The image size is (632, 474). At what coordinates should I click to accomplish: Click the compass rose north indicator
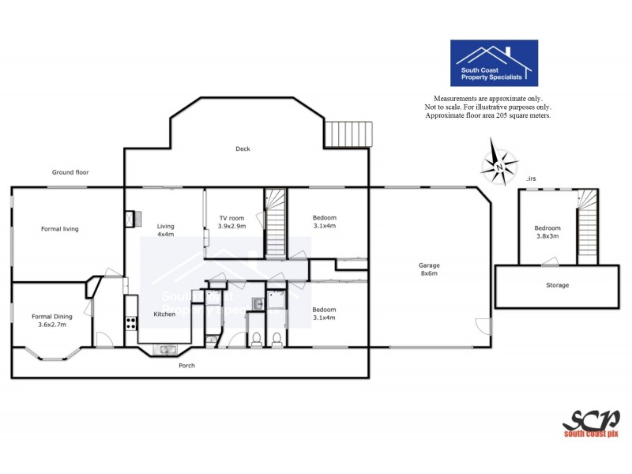pyautogui.click(x=498, y=164)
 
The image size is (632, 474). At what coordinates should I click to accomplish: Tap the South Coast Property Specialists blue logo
pyautogui.click(x=494, y=63)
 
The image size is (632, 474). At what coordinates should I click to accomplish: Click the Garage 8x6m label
pyautogui.click(x=429, y=270)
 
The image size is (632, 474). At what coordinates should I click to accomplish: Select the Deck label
pyautogui.click(x=243, y=149)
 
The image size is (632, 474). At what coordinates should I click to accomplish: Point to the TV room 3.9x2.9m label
pyautogui.click(x=231, y=222)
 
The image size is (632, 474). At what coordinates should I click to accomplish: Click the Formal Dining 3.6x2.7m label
pyautogui.click(x=52, y=321)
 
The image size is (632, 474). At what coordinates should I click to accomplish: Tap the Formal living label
pyautogui.click(x=60, y=229)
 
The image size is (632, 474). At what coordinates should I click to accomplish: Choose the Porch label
pyautogui.click(x=186, y=366)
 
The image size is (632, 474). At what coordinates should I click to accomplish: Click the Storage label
pyautogui.click(x=557, y=285)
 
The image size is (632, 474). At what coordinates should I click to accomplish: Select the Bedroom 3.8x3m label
pyautogui.click(x=547, y=231)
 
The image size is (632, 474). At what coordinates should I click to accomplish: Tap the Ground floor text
pyautogui.click(x=70, y=172)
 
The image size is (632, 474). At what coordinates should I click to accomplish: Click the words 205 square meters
pyautogui.click(x=521, y=115)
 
